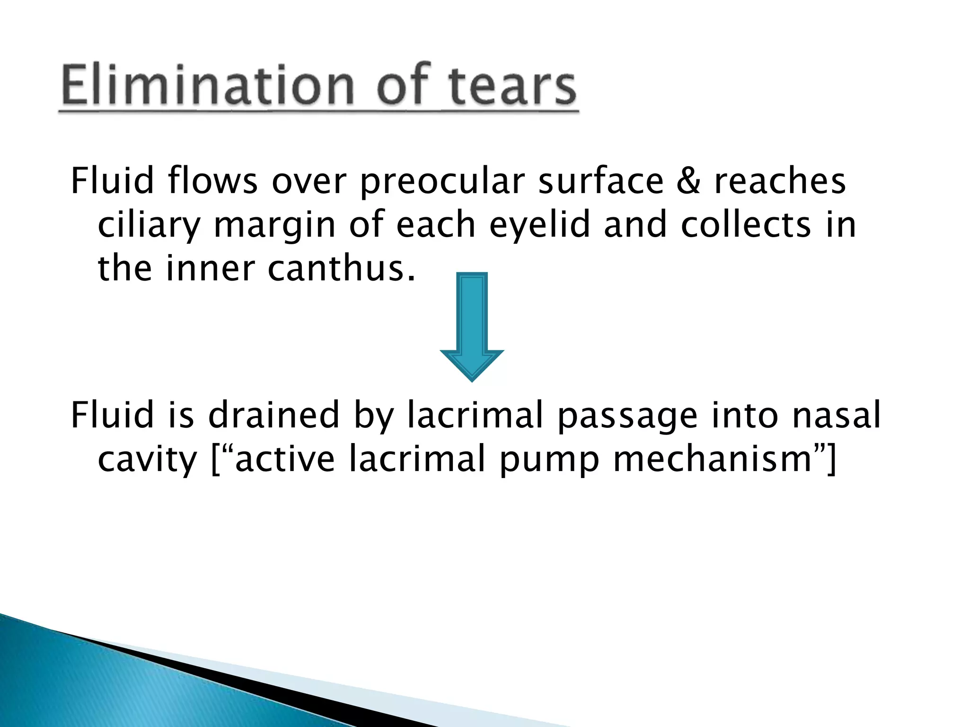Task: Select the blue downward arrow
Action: [472, 327]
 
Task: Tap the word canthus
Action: [341, 268]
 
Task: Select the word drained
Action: [273, 415]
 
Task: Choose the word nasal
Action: [836, 415]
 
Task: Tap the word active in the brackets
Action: [284, 459]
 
